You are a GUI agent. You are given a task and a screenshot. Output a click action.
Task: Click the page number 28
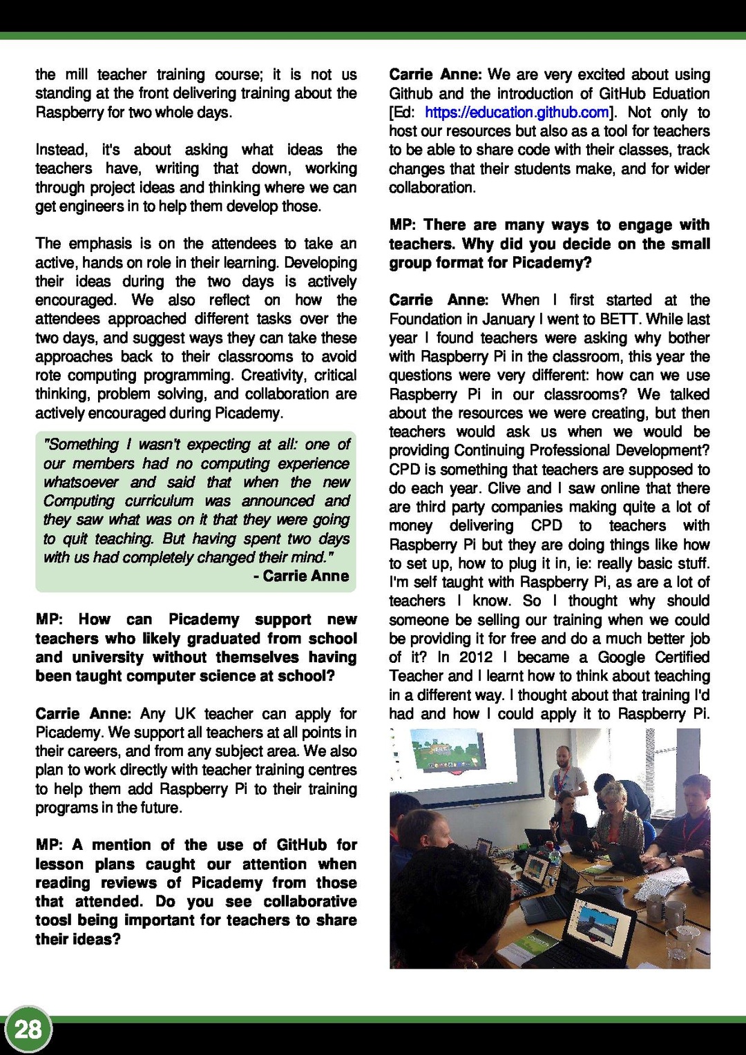[28, 1029]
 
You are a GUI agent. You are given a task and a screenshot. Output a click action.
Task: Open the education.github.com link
[517, 113]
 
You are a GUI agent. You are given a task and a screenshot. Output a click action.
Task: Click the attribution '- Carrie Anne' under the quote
[301, 576]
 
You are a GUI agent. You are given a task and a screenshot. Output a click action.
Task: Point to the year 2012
[476, 657]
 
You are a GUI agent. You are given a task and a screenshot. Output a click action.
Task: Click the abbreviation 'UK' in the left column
[185, 714]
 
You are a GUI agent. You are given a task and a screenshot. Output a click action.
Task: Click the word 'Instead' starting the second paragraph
[61, 150]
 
